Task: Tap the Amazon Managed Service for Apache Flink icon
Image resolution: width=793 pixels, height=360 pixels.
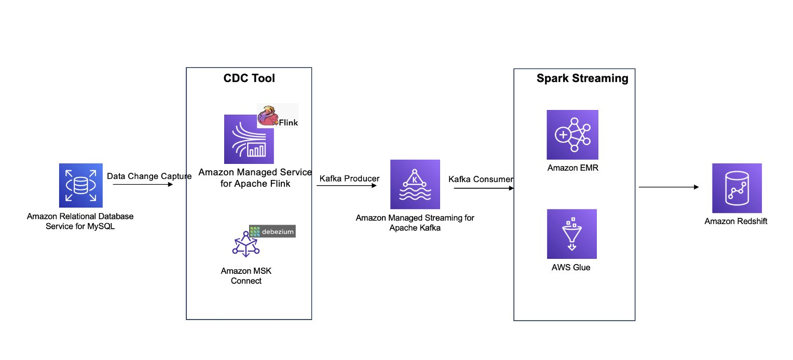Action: tap(249, 139)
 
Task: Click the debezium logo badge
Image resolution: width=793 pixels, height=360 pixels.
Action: tap(272, 231)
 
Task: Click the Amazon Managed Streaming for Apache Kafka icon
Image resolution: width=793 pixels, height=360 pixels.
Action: tap(415, 184)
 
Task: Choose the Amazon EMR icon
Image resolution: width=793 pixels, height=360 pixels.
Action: tap(572, 134)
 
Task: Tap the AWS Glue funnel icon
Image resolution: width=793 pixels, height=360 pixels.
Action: tap(572, 234)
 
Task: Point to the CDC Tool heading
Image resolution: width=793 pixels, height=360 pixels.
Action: tap(249, 78)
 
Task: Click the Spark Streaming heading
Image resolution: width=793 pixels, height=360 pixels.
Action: tap(582, 78)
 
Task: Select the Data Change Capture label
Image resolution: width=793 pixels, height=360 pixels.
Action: tap(149, 176)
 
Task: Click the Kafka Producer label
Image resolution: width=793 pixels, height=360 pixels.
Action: tap(349, 178)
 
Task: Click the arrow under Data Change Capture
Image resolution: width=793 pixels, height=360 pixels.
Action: tap(143, 185)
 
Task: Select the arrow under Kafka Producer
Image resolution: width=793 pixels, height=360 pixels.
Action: tap(347, 186)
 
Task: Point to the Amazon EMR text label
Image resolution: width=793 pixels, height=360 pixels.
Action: tap(572, 168)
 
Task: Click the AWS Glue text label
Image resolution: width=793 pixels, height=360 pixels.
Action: tap(571, 268)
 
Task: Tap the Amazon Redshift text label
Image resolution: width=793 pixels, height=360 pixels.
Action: tap(736, 221)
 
